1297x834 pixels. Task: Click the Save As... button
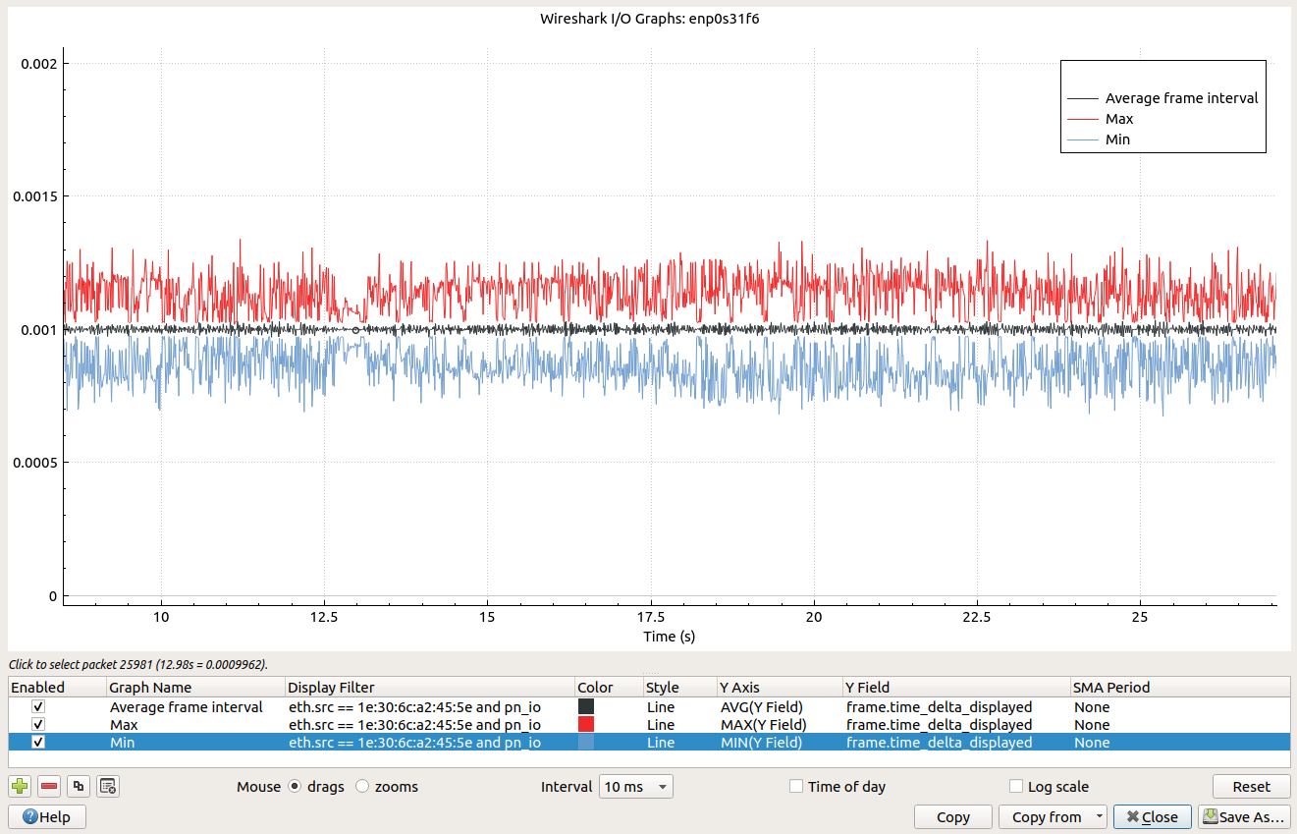(1242, 817)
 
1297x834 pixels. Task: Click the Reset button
(1251, 787)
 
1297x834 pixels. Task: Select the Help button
(46, 817)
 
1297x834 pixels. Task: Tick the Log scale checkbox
(1016, 787)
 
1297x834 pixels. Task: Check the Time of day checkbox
(796, 787)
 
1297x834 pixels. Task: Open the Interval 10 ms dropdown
(636, 787)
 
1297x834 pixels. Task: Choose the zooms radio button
(362, 787)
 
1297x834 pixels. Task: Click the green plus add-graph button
(19, 786)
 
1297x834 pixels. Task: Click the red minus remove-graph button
(49, 786)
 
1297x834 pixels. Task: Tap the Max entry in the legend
(1118, 119)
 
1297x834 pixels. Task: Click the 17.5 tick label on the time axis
(651, 617)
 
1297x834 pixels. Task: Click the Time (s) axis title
(669, 637)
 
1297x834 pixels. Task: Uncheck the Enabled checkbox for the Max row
(38, 725)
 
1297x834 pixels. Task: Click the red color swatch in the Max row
(586, 725)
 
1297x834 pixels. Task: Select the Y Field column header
(868, 688)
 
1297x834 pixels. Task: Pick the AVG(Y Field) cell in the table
(761, 707)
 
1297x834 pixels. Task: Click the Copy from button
(1053, 817)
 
